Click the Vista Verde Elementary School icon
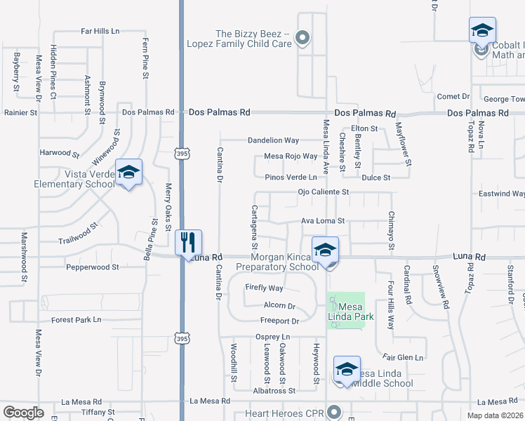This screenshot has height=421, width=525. point(129,173)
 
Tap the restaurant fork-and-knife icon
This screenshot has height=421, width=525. point(188,243)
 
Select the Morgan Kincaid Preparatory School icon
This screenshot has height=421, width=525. point(325,250)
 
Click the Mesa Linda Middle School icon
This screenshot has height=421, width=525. point(347,370)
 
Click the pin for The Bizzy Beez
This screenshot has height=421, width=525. point(303,38)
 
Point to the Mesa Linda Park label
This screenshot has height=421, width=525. point(356,312)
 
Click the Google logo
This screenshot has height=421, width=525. point(23,413)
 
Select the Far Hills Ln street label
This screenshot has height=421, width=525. point(100,32)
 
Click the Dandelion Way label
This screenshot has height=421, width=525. point(273,140)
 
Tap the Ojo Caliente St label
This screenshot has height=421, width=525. point(324,192)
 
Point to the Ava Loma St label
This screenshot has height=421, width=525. point(323,220)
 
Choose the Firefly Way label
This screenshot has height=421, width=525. point(264,288)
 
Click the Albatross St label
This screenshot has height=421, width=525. point(273,390)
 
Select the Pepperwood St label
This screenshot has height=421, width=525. point(93,267)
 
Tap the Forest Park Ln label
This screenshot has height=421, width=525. point(77,319)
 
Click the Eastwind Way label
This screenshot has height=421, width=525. point(500,194)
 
